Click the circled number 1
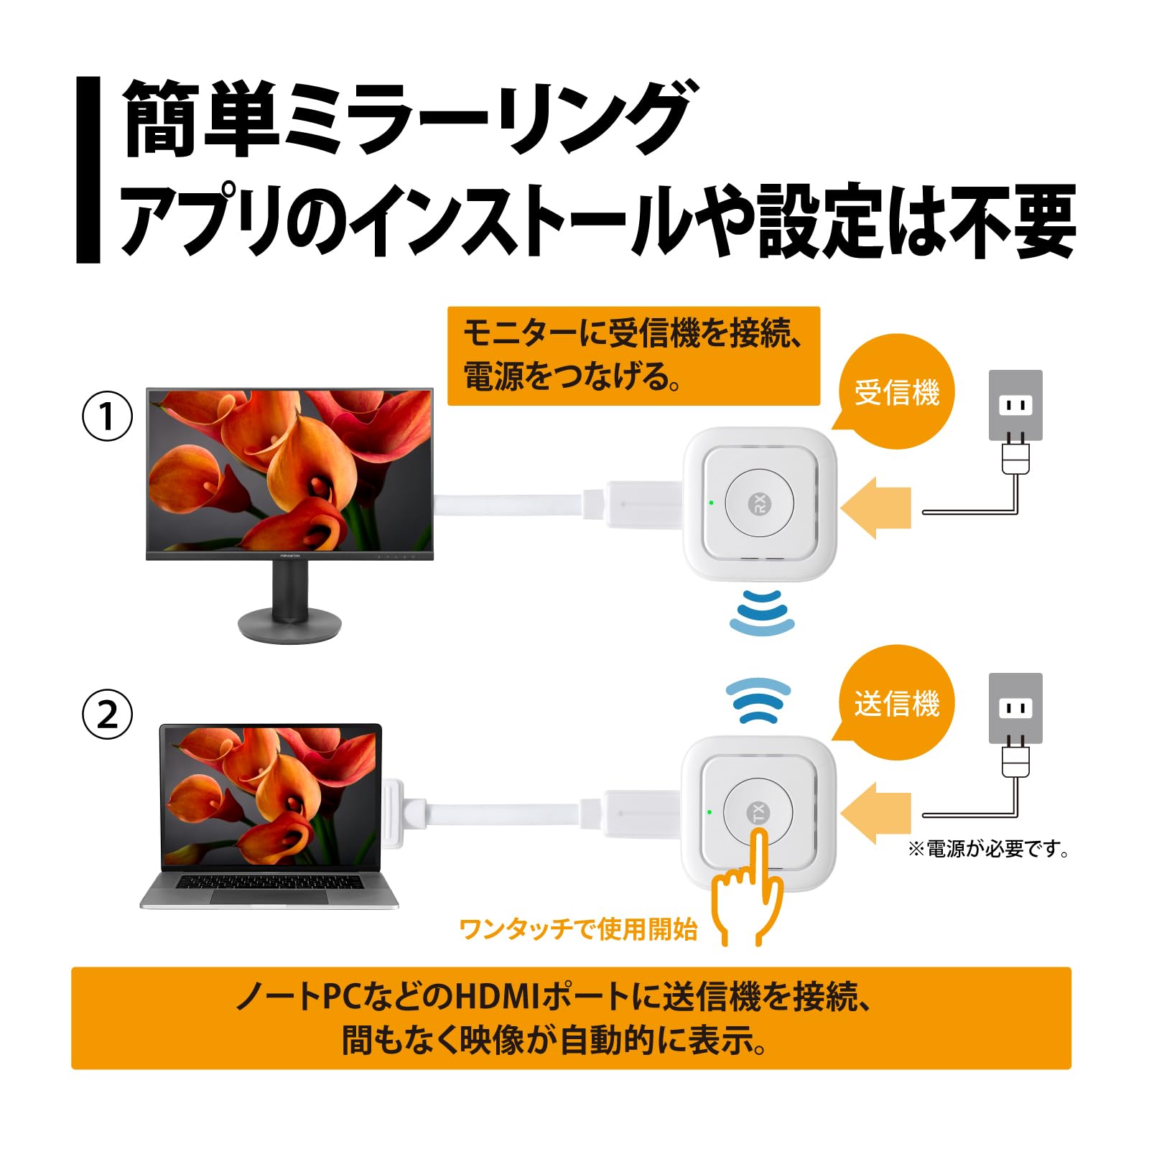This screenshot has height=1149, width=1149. [x=108, y=416]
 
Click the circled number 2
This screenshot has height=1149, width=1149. [x=108, y=715]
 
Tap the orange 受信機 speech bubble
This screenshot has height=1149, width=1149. [x=896, y=393]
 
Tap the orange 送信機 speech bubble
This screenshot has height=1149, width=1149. [x=896, y=703]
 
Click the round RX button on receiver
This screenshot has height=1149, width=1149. [x=759, y=503]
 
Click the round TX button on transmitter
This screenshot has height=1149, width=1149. [x=758, y=812]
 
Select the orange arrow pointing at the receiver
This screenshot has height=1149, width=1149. [x=875, y=508]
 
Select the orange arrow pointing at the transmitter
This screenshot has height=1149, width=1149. [x=875, y=813]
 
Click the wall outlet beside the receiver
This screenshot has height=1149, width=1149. [x=1015, y=405]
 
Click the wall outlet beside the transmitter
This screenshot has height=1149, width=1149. [x=1015, y=708]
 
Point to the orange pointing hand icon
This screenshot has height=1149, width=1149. [x=747, y=890]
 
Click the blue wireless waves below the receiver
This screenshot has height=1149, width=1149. [x=762, y=613]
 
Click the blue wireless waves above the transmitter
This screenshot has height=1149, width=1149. [x=758, y=699]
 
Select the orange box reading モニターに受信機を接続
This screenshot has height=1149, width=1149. [x=633, y=355]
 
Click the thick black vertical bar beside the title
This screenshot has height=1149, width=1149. [x=88, y=169]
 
